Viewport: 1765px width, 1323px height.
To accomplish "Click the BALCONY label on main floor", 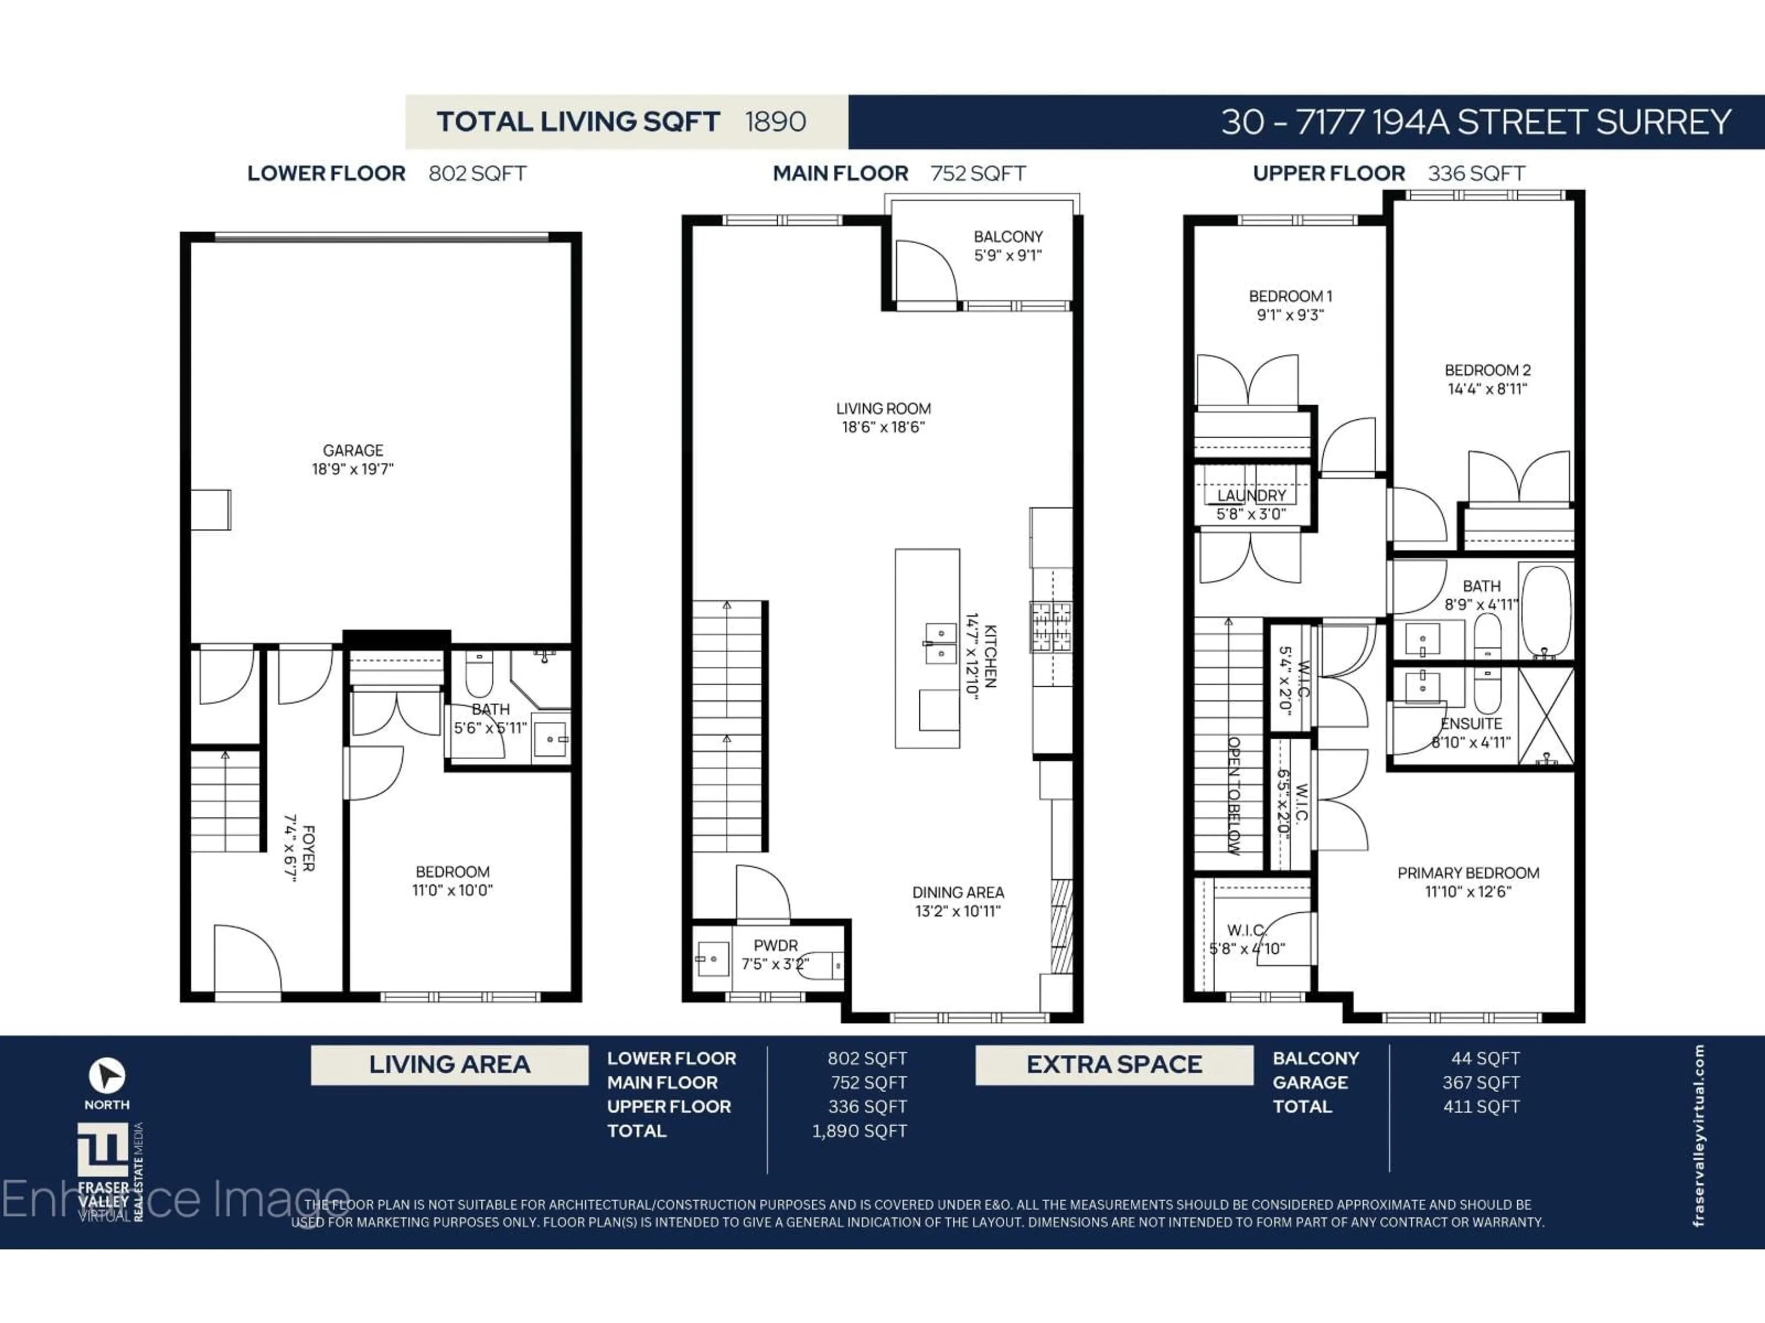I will [1008, 237].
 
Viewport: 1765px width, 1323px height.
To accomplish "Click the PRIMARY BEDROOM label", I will [1468, 873].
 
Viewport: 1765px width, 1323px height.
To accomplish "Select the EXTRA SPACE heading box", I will [1114, 1065].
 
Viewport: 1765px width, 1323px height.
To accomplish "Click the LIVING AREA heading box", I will [449, 1065].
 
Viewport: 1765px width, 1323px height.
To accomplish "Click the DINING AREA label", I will [957, 893].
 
